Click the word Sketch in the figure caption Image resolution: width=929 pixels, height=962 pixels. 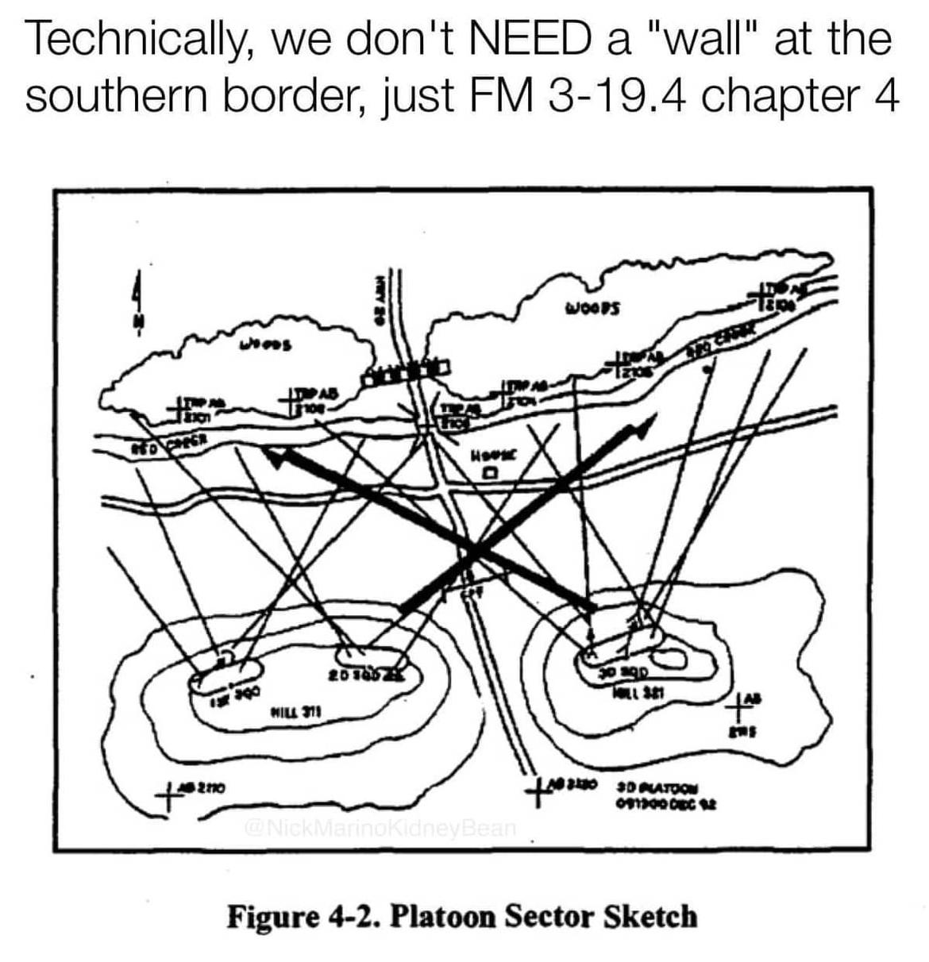650,916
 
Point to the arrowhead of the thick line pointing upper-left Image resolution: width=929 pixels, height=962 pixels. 274,456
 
